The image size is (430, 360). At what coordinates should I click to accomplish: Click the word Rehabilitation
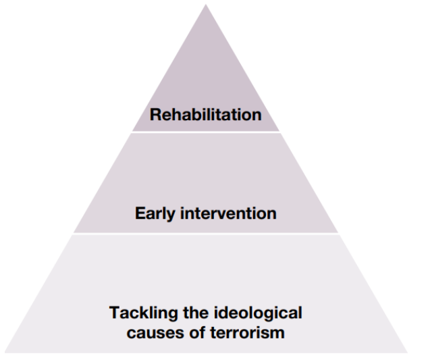tap(206, 115)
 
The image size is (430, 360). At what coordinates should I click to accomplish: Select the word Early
tap(154, 214)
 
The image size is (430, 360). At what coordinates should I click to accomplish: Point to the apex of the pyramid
tap(206, 5)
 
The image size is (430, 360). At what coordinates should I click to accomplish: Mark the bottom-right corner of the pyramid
tap(406, 352)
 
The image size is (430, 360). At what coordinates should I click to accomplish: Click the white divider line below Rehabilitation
tap(206, 132)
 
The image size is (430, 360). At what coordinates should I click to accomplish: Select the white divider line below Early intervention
tap(206, 234)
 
